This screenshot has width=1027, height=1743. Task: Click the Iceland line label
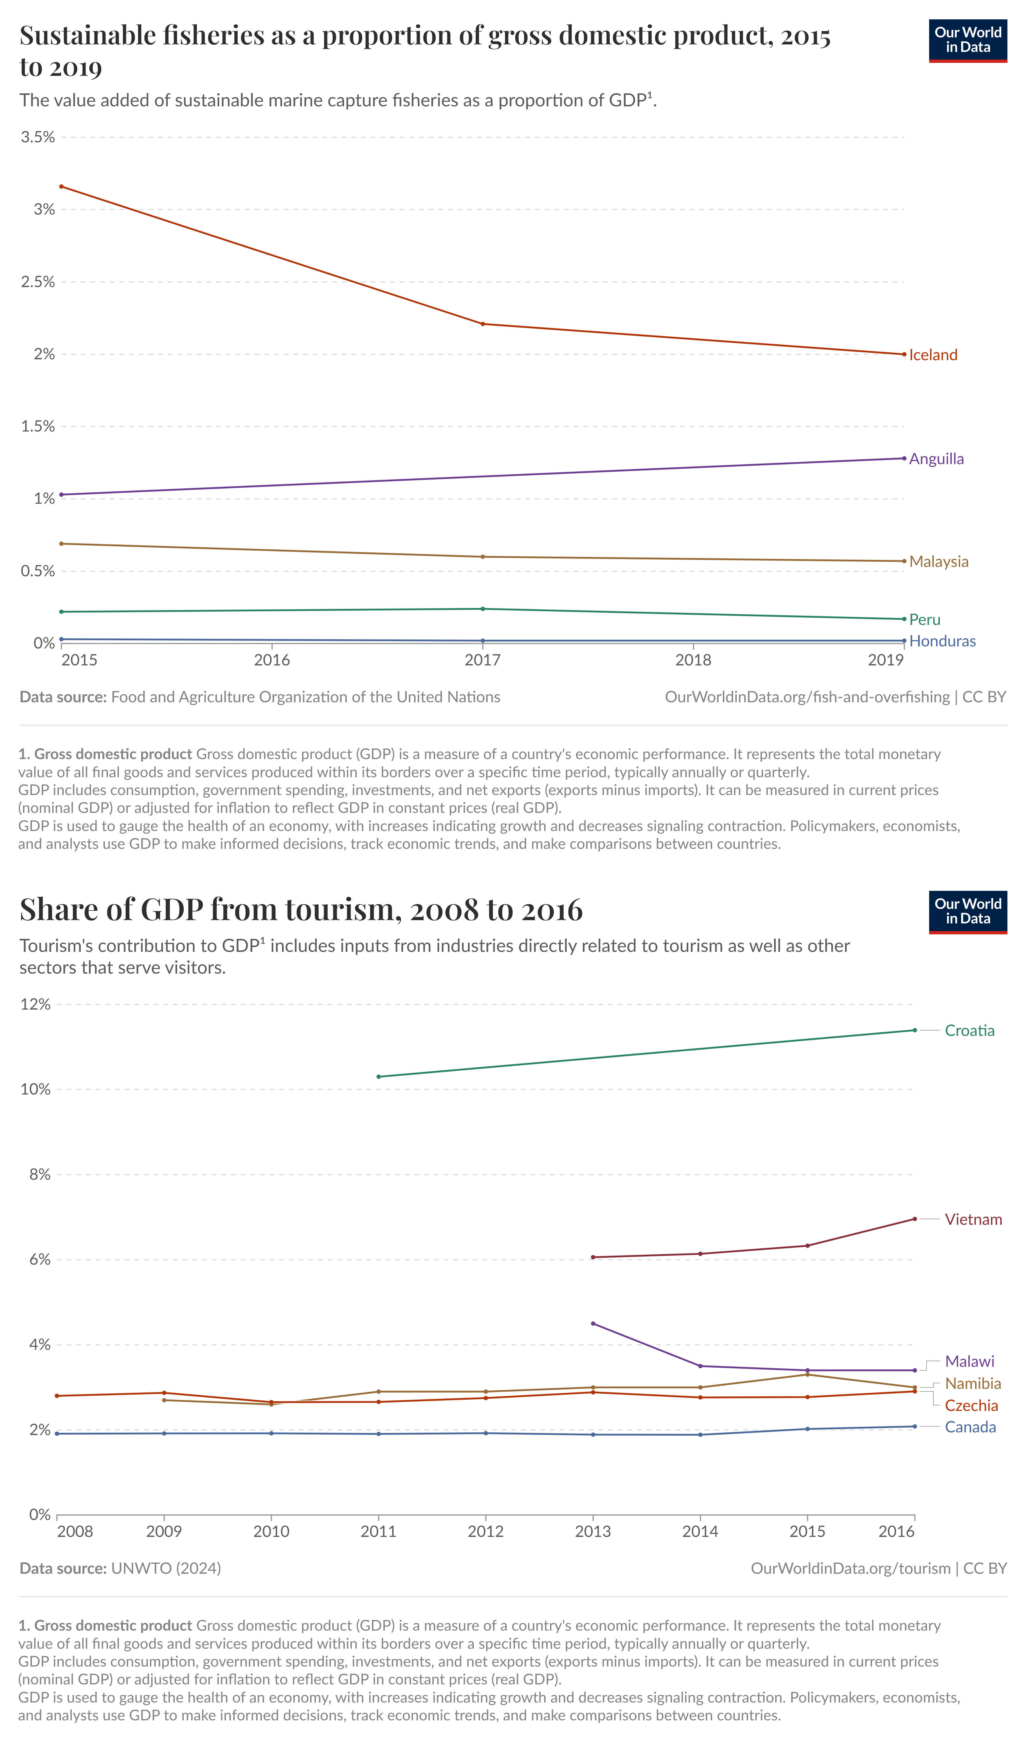[933, 355]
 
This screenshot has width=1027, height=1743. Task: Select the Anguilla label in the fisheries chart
[936, 459]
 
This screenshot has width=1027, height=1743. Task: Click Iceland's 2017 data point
[482, 324]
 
